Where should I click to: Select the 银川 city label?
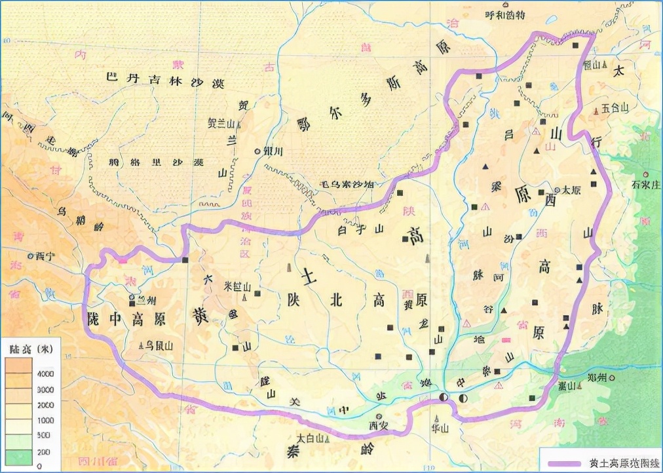[x=273, y=151]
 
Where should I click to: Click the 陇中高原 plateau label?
[x=124, y=320]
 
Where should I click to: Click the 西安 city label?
[x=379, y=425]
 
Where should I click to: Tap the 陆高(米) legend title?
[x=31, y=348]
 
